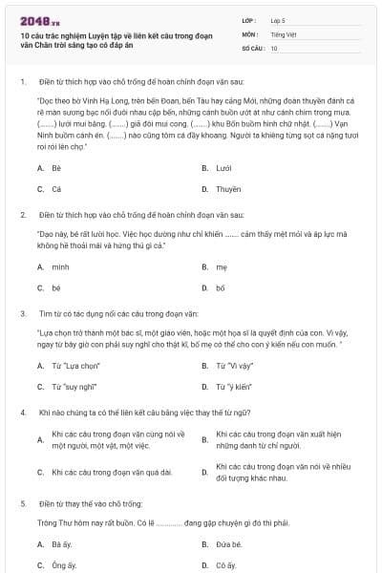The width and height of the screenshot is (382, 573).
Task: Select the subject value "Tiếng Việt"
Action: tap(282, 33)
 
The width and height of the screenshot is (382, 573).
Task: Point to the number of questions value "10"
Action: tap(274, 47)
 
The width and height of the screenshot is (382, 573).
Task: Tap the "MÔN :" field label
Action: tap(250, 33)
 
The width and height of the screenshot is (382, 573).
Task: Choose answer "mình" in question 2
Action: tap(60, 266)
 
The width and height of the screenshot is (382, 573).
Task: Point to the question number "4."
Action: tap(22, 413)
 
